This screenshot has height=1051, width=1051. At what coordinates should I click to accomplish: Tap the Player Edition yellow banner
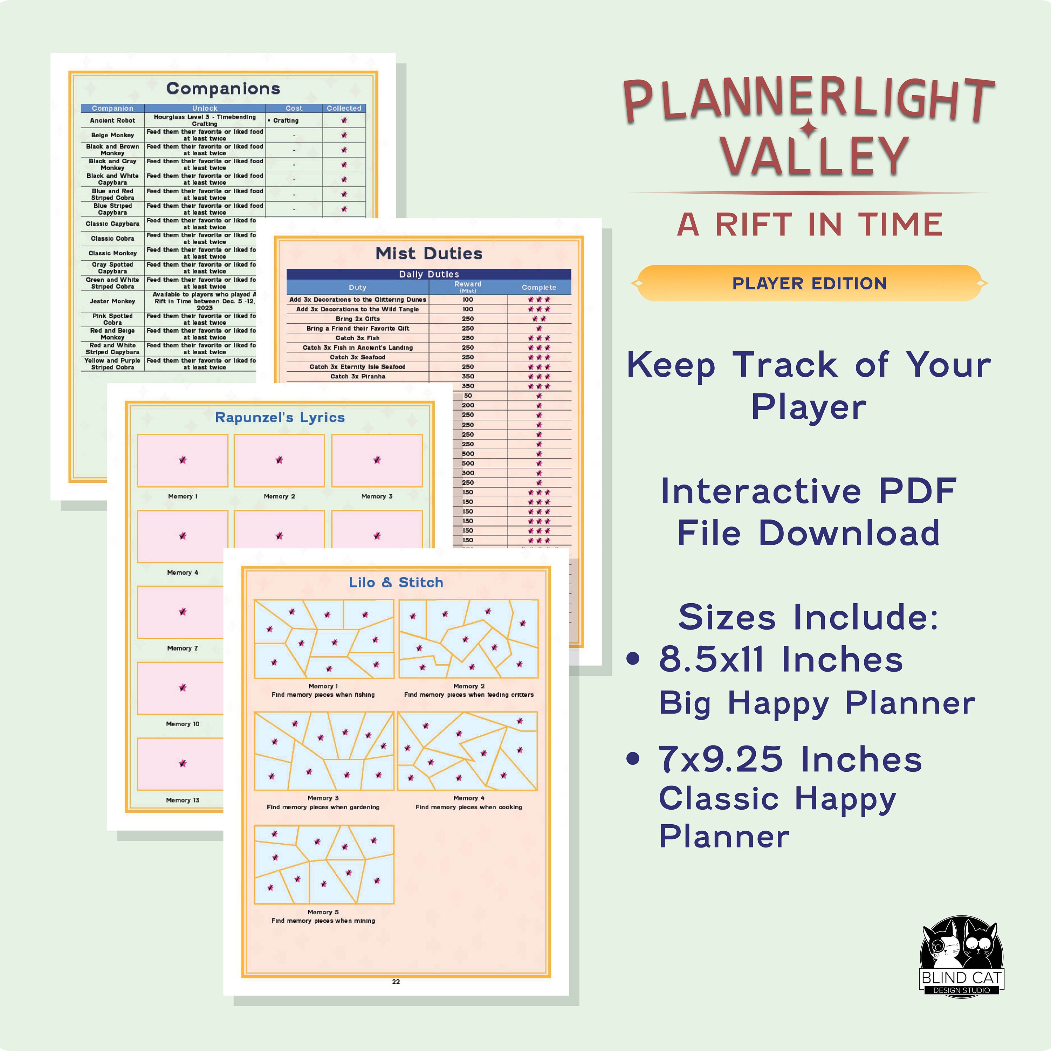click(x=809, y=283)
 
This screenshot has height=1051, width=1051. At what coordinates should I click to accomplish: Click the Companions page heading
click(x=223, y=89)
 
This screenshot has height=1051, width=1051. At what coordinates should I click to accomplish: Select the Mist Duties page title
click(x=429, y=254)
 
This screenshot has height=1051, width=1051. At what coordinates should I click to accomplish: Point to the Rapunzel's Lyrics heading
click(x=280, y=418)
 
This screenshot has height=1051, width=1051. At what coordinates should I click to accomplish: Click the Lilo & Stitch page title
click(x=396, y=583)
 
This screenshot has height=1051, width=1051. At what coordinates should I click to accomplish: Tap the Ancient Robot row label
click(x=112, y=120)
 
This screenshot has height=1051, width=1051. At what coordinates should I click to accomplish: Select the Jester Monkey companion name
click(x=112, y=301)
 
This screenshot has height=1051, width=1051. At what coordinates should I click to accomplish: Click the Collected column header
click(x=344, y=108)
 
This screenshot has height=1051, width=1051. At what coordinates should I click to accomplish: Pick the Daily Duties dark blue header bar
click(x=429, y=274)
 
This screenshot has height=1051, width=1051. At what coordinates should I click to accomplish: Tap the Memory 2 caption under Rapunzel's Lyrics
click(x=279, y=496)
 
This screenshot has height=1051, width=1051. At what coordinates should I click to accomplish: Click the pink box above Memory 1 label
click(x=182, y=460)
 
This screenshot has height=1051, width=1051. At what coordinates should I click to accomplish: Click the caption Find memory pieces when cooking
click(x=468, y=807)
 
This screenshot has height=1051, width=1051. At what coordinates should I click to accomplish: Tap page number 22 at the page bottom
click(x=396, y=981)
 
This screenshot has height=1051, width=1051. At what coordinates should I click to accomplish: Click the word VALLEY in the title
click(x=815, y=156)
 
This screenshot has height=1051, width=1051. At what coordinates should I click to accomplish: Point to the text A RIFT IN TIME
click(x=810, y=224)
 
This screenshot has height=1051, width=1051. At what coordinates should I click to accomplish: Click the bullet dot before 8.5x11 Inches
click(x=633, y=659)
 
